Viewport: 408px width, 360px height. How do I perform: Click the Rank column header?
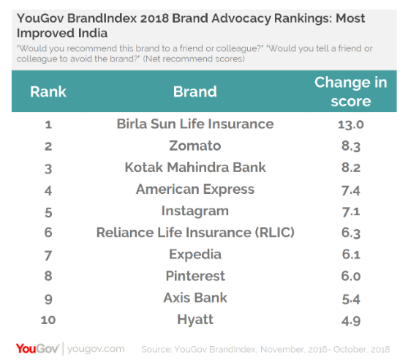point(48,92)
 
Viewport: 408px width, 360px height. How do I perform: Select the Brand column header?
point(195,92)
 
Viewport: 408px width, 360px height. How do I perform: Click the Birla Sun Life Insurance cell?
point(195,124)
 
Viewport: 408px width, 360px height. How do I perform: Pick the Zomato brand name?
point(195,146)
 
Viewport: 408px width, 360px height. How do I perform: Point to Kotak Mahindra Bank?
point(195,168)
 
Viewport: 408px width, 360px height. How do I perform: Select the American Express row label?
point(195,190)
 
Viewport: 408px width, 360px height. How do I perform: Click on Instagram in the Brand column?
point(195,211)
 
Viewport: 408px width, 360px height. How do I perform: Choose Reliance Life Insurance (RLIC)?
point(195,233)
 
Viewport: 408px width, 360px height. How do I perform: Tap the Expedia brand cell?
point(195,255)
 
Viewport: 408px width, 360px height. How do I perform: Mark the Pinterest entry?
point(195,276)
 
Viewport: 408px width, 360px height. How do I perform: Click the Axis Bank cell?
point(195,298)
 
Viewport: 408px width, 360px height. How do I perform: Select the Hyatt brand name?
point(195,320)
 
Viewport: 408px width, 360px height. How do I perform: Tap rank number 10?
point(48,320)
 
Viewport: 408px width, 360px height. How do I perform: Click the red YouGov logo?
point(37,348)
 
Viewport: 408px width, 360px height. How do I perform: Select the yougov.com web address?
point(96,348)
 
